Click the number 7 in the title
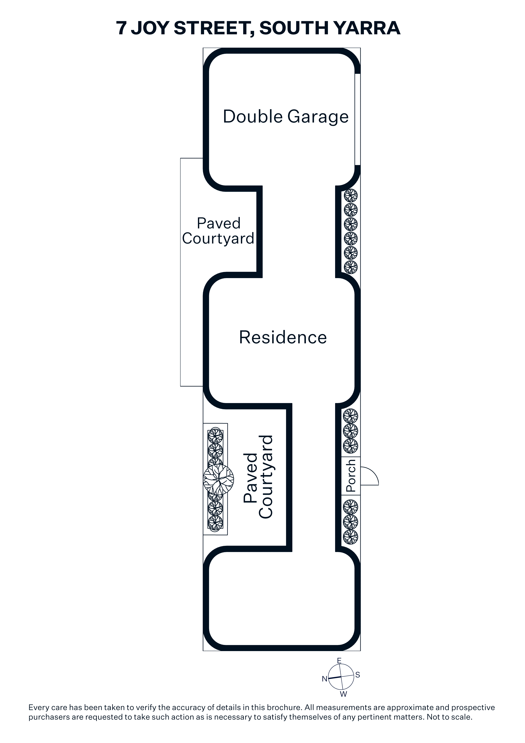pyautogui.click(x=121, y=28)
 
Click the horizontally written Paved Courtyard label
pyautogui.click(x=218, y=231)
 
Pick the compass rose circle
pyautogui.click(x=341, y=677)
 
